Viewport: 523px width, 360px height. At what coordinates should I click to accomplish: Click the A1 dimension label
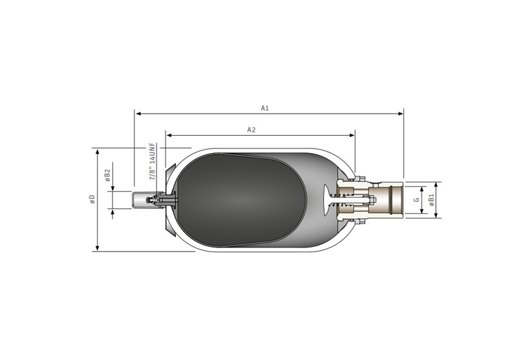[264, 108]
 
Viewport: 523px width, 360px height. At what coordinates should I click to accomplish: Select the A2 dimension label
[251, 130]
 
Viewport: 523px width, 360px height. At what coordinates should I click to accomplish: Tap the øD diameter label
[92, 199]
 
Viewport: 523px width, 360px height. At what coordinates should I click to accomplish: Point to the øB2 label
[107, 175]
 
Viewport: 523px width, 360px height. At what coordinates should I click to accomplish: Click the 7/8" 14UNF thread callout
[153, 162]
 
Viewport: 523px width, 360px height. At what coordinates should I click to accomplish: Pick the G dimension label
[416, 200]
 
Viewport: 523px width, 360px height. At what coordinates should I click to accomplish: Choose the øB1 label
[431, 200]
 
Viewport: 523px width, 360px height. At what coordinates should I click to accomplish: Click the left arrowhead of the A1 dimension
[138, 114]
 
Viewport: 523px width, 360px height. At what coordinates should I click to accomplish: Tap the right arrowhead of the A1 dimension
[401, 114]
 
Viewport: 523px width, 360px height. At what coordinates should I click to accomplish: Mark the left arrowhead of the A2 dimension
[169, 135]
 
